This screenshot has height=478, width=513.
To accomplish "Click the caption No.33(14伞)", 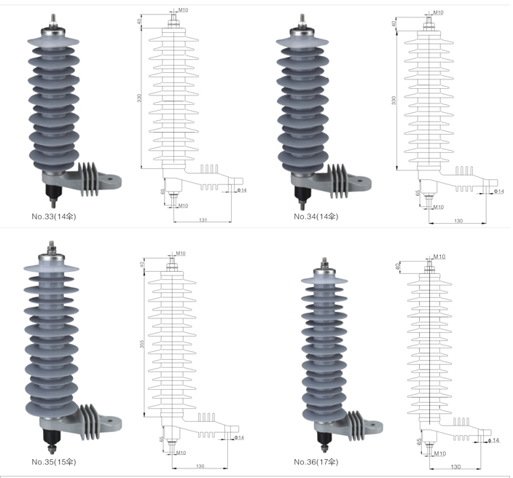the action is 54,216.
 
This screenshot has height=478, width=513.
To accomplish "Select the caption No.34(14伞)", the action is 316,216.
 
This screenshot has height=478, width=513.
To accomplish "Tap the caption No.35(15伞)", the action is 54,462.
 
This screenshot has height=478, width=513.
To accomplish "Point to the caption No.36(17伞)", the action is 316,462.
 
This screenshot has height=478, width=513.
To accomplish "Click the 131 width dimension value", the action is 203,220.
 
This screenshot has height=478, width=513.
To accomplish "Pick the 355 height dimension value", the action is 142,344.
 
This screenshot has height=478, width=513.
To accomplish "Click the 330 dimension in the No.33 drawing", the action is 140,98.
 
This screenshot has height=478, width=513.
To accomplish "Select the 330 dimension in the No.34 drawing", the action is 394,101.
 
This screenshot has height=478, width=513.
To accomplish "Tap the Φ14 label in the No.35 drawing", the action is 239,437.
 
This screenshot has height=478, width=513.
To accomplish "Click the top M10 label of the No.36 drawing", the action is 439,256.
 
